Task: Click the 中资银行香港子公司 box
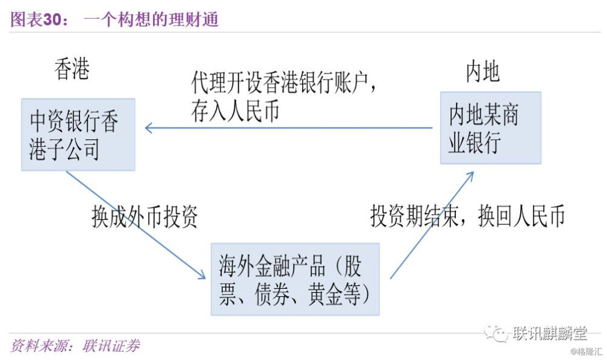78,134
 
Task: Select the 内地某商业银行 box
490,127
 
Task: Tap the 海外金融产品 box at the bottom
295,279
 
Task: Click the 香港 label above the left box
72,69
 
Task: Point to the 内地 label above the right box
483,72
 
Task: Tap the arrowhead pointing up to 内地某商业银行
470,177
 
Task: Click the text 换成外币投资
144,216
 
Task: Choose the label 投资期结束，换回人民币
467,216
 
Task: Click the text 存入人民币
235,110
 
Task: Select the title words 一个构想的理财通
151,19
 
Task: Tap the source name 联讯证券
111,345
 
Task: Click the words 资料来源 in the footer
38,345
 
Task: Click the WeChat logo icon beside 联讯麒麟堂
496,333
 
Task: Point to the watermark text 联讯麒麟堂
550,333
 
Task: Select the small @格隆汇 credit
586,352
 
